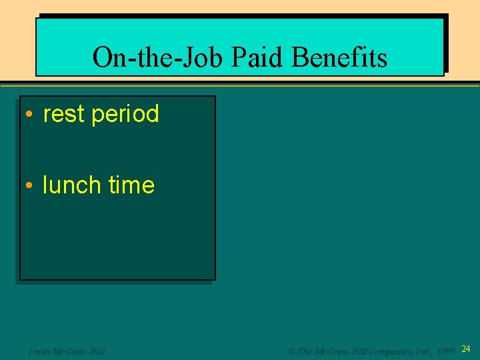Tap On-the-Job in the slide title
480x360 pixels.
(x=159, y=58)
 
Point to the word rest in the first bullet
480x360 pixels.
(x=65, y=114)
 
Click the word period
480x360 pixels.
(x=125, y=114)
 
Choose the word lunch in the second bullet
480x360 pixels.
(x=71, y=185)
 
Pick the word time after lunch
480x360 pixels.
(x=131, y=185)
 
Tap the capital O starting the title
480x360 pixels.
(x=102, y=58)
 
